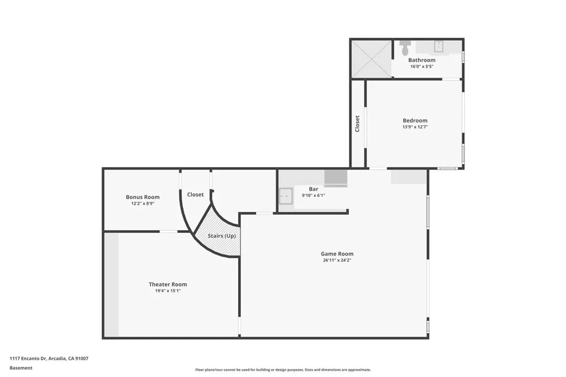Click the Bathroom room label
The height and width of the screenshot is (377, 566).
(x=422, y=60)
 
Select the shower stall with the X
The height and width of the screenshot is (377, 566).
(x=371, y=59)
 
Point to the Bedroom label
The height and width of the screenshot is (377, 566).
(x=415, y=121)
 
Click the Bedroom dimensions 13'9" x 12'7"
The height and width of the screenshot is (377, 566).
(x=415, y=127)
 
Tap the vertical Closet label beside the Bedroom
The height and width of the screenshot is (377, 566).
(x=358, y=123)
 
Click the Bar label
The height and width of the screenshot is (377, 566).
(x=313, y=189)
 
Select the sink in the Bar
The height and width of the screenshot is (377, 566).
(x=286, y=195)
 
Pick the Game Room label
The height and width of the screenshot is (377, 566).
(x=337, y=254)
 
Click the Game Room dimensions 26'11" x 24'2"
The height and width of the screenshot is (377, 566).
(x=337, y=260)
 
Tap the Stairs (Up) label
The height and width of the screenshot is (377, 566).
(x=222, y=236)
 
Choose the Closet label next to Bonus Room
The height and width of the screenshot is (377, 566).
(x=195, y=194)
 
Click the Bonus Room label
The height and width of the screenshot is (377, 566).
(x=143, y=197)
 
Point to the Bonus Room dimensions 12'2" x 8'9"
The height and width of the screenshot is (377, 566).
(x=143, y=203)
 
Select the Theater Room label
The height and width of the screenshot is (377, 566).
(x=167, y=284)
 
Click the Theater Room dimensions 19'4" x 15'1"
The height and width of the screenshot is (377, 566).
(x=167, y=290)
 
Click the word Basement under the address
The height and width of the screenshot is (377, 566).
(x=21, y=368)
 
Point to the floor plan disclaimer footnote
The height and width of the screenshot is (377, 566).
(x=283, y=370)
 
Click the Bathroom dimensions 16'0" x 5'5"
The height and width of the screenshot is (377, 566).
(x=422, y=66)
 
